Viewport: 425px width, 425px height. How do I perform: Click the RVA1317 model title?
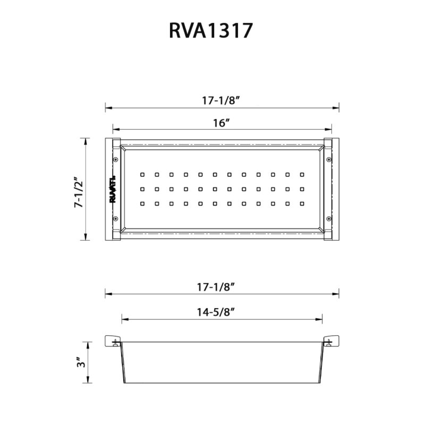210,30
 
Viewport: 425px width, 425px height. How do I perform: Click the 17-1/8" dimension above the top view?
223,99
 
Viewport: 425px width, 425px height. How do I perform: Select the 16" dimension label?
221,123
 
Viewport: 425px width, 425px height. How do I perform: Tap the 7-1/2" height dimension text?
79,192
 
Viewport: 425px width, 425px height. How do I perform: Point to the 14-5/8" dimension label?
223,312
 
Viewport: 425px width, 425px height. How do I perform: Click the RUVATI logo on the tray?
113,190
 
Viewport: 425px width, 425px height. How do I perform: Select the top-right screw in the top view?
329,159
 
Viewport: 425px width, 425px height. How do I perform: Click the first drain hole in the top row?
142,174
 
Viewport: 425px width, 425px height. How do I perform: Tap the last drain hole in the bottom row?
302,203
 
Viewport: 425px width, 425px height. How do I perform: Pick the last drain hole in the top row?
302,174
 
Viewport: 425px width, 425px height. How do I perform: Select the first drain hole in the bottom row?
142,203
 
